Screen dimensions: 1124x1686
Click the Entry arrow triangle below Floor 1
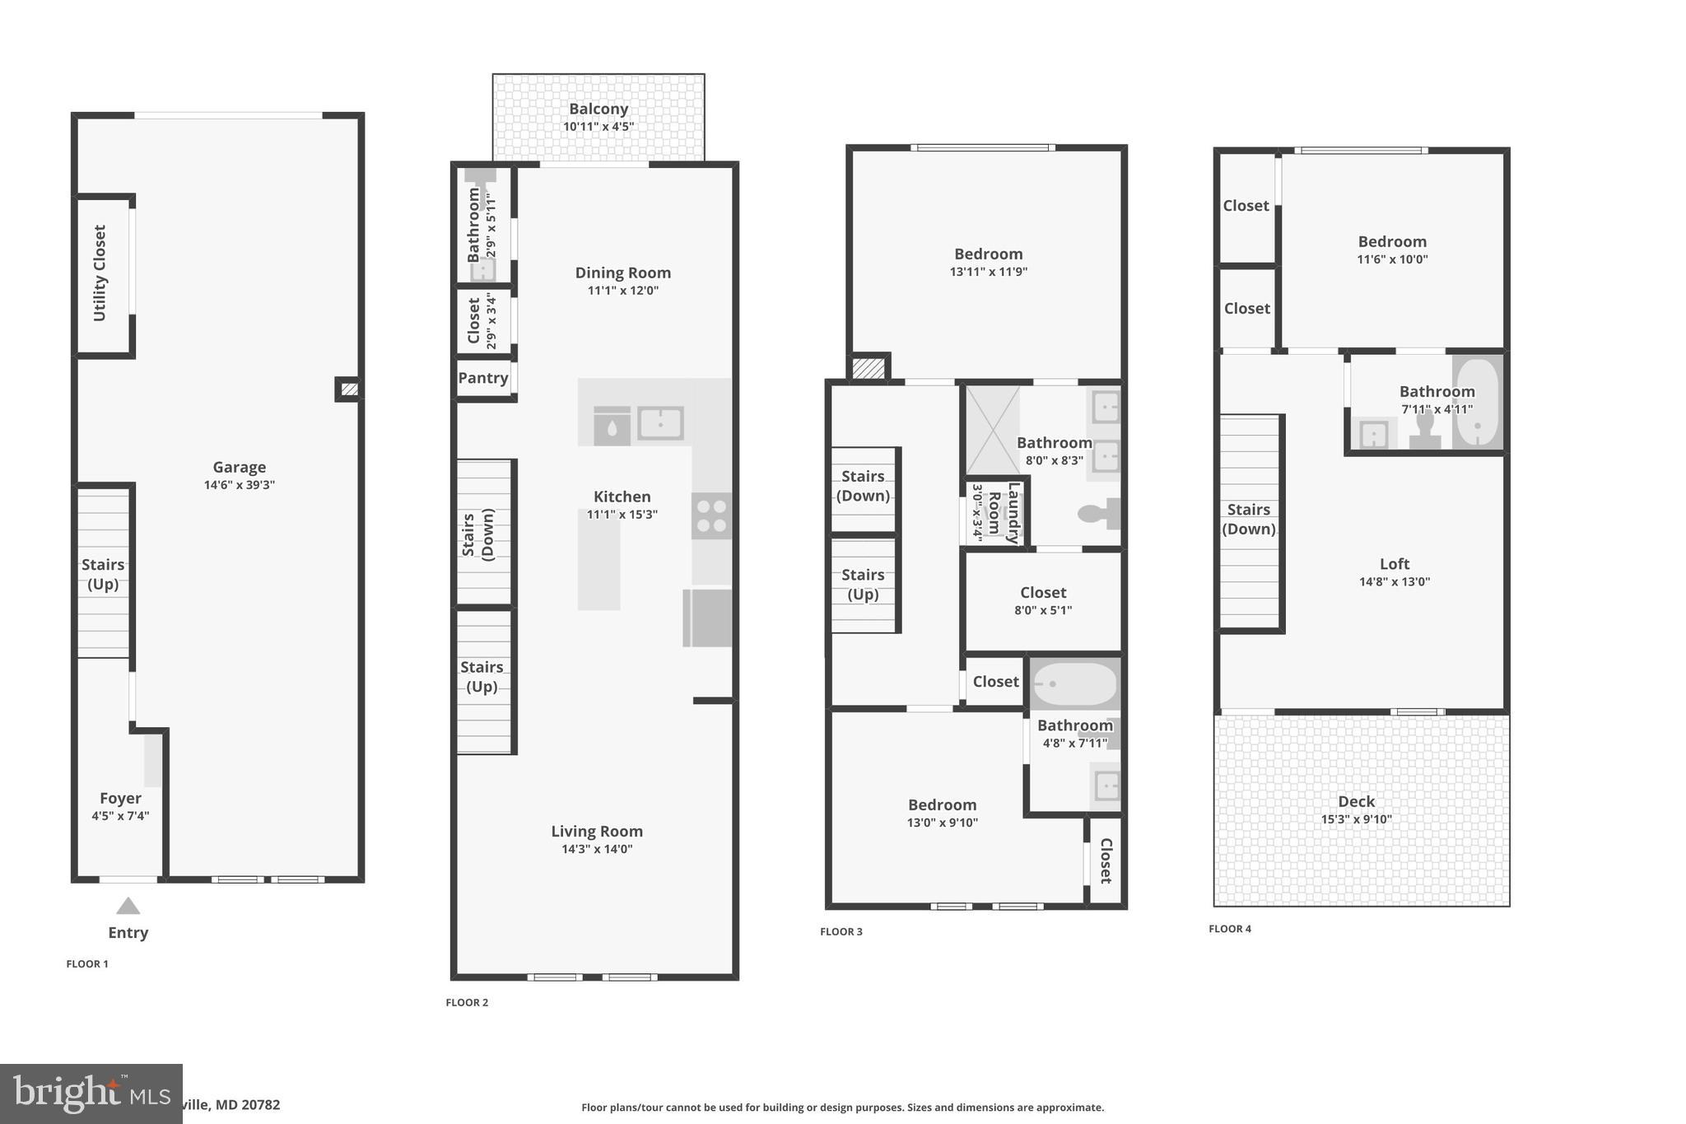(x=128, y=906)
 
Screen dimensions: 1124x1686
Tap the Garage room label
(x=239, y=467)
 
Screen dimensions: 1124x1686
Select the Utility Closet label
(x=100, y=273)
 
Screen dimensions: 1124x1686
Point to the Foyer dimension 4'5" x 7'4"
(x=120, y=816)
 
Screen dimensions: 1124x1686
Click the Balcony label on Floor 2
(x=598, y=109)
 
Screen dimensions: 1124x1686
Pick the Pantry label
(x=483, y=378)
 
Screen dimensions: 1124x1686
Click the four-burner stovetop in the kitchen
(x=711, y=516)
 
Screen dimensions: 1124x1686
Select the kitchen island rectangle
(x=598, y=560)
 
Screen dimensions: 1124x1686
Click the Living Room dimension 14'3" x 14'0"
(x=597, y=849)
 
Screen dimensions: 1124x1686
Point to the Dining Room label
(x=622, y=273)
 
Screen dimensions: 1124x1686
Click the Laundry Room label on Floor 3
(x=1004, y=513)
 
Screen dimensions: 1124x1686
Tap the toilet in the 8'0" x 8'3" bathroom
(x=1098, y=514)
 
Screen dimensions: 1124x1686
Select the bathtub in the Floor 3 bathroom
(x=1075, y=684)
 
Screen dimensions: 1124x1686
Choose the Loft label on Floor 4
(x=1395, y=564)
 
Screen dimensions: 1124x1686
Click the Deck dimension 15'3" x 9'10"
(x=1356, y=819)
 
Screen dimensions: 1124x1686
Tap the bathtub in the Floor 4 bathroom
(x=1479, y=402)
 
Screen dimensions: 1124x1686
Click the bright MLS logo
(x=91, y=1094)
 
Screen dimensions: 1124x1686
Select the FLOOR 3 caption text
(x=841, y=932)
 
